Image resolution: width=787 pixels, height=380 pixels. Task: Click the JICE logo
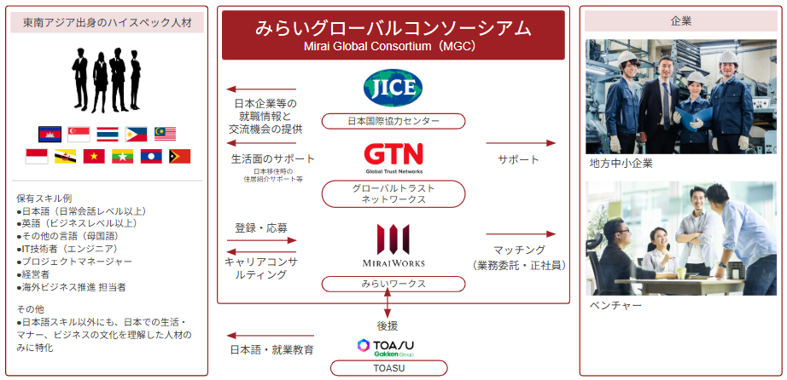point(393,88)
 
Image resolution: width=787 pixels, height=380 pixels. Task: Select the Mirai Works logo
point(393,245)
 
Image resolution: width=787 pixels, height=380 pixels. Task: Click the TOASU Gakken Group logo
point(389,347)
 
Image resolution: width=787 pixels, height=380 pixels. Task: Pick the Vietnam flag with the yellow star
point(94,156)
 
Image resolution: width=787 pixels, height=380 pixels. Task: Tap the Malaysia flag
point(165,134)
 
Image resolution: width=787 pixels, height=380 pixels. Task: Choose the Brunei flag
point(65,156)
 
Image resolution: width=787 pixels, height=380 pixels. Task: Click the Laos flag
point(151,156)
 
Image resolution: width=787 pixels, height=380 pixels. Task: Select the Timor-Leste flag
point(179,156)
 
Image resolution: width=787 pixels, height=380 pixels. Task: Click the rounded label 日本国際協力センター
point(393,121)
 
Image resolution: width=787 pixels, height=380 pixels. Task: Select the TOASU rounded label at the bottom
point(389,368)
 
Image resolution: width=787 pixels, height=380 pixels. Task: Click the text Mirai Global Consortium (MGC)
point(393,47)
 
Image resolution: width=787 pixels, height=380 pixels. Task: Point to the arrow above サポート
point(521,143)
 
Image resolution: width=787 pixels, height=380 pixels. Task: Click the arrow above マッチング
point(521,233)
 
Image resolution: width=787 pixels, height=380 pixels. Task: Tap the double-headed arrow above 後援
point(388,302)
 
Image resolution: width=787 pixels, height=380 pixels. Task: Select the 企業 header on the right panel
point(681,20)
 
